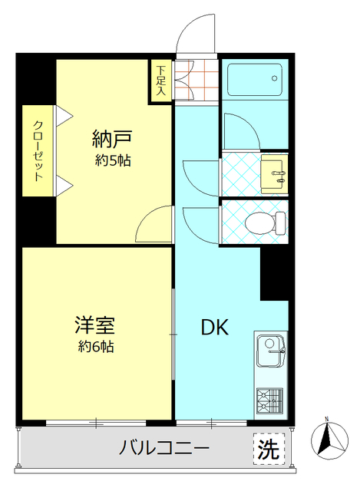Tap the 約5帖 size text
click(x=112, y=161)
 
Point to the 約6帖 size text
click(x=96, y=347)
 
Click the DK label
click(x=215, y=328)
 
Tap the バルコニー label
click(x=163, y=448)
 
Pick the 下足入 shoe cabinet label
click(x=161, y=79)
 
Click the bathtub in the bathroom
click(x=254, y=78)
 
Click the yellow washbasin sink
click(x=274, y=173)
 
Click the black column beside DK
click(x=274, y=273)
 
